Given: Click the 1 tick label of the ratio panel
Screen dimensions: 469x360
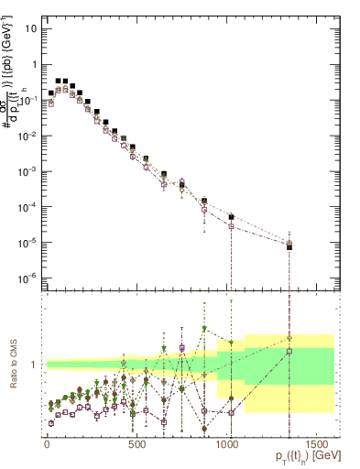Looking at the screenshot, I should point(35,365).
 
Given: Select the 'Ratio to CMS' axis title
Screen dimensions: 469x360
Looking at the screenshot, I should point(14,364).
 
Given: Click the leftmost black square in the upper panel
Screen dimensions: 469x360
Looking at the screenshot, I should point(50,93).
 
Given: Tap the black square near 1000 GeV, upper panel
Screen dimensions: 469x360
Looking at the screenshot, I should point(231,217).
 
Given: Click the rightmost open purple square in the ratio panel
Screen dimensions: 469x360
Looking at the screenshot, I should point(289,351).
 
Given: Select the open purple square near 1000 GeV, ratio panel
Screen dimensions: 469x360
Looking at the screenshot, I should point(231,413).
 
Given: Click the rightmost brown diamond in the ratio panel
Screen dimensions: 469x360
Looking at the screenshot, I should point(289,337).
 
